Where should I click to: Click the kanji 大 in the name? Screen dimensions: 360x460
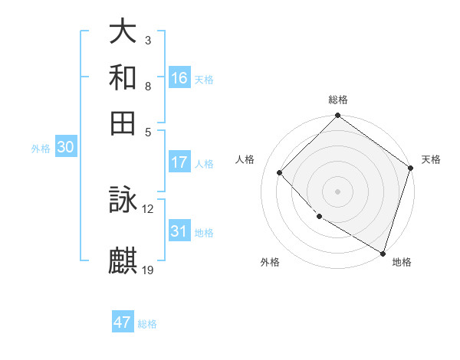pos(123,33)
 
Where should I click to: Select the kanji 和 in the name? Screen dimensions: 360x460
pos(123,78)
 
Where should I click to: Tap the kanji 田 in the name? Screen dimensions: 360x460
pos(123,123)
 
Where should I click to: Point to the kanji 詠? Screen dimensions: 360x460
pos(123,201)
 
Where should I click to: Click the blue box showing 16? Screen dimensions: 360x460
pos(179,78)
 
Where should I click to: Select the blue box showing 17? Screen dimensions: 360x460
pos(179,162)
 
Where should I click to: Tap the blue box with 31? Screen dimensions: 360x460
pos(179,231)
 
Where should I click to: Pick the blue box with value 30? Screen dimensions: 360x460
pos(65,148)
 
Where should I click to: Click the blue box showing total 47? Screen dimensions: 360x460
pos(123,322)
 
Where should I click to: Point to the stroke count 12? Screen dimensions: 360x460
pos(148,208)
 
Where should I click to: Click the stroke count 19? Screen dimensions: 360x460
pos(148,269)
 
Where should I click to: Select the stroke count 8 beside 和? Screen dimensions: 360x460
pos(148,86)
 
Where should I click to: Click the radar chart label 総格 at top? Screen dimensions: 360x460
pos(337,100)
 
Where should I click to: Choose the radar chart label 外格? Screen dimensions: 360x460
pos(270,262)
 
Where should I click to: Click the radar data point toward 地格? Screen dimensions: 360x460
pos(383,252)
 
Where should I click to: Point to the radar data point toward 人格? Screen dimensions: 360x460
pos(280,172)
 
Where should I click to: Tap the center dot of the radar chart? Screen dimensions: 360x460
pos(337,191)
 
